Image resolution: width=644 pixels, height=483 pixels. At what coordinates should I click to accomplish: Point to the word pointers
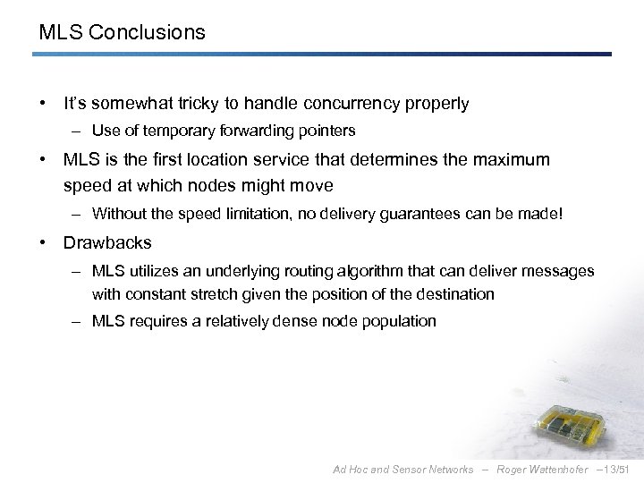point(326,131)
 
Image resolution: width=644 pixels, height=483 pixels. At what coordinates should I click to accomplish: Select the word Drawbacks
point(107,242)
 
